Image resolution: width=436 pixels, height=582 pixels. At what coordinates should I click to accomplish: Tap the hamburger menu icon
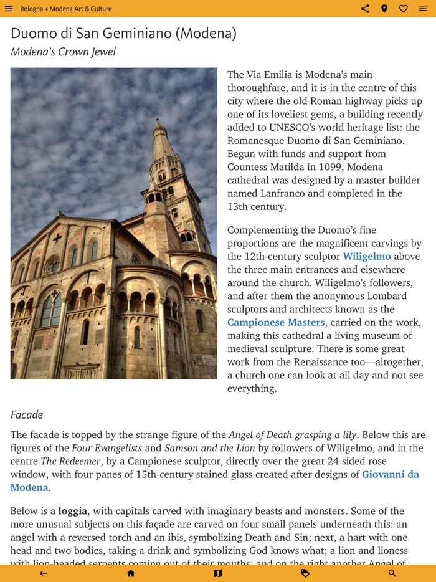point(9,9)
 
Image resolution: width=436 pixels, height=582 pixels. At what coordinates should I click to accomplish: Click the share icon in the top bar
point(365,9)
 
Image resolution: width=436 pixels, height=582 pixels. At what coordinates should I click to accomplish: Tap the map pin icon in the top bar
point(384,9)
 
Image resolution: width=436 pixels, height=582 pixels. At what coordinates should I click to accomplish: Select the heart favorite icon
point(404,9)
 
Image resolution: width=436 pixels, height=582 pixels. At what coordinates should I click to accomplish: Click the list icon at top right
point(423,9)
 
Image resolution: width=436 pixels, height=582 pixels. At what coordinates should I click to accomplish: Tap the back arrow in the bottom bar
point(44,573)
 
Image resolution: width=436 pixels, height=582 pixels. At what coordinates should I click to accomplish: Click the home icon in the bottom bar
point(131,573)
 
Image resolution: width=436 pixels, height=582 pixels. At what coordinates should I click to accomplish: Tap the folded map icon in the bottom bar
point(218,573)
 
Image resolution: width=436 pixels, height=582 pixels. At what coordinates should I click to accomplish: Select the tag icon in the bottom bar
point(305,573)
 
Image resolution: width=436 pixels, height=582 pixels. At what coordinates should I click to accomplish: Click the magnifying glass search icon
point(392,573)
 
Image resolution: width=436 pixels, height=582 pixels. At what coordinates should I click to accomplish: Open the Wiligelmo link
point(367,257)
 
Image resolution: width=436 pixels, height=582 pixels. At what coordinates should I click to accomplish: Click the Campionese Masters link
point(276,322)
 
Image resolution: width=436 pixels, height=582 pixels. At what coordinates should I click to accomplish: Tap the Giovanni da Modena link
point(391,475)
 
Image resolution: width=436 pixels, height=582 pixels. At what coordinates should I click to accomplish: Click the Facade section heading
point(27,414)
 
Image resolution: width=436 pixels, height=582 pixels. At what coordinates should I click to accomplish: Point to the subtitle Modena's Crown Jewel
point(63,52)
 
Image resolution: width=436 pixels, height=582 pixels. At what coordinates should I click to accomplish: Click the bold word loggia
point(73,511)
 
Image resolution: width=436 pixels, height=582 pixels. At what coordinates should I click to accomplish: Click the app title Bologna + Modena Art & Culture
point(65,9)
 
